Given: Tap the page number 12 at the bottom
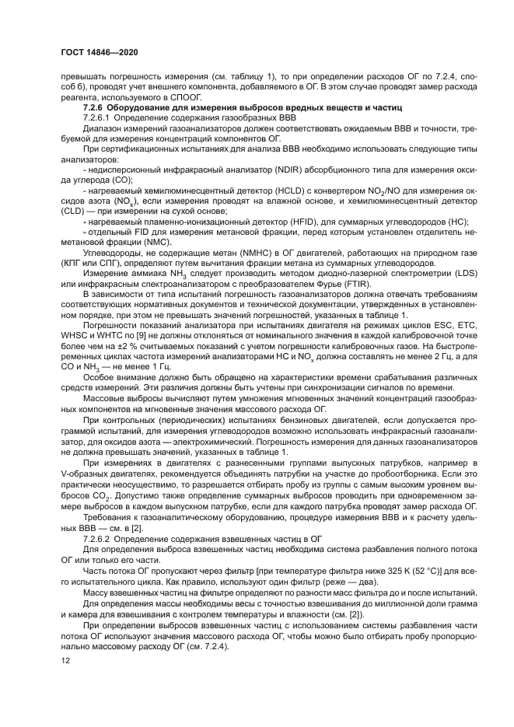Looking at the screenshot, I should coord(65,659).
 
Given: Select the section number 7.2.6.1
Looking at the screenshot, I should coord(99,116).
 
